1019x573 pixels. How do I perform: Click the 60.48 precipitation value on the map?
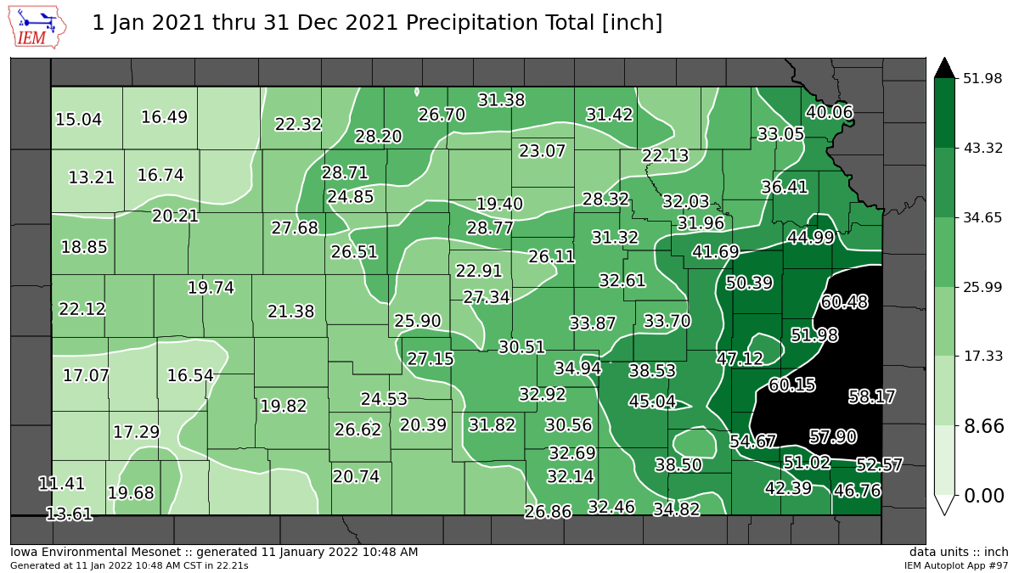point(844,302)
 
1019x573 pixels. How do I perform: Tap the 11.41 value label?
point(62,484)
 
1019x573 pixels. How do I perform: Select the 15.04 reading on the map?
point(78,120)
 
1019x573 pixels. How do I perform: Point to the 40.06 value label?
point(830,112)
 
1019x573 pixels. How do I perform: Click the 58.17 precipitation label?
point(872,396)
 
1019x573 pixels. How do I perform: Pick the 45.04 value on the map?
point(652,402)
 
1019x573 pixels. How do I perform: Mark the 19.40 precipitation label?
point(499,204)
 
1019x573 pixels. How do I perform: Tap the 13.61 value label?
point(69,514)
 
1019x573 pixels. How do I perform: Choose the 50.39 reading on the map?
point(749,283)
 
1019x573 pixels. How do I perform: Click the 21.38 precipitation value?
point(290,312)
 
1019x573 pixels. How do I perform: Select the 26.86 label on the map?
point(548,512)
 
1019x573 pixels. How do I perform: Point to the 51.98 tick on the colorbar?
point(983,78)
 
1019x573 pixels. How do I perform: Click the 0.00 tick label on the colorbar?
point(983,495)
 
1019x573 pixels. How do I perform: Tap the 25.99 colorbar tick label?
point(983,287)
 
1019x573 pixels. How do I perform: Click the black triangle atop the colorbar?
point(945,67)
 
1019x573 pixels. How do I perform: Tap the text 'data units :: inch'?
point(959,553)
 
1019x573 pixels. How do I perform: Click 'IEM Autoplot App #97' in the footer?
point(956,565)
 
